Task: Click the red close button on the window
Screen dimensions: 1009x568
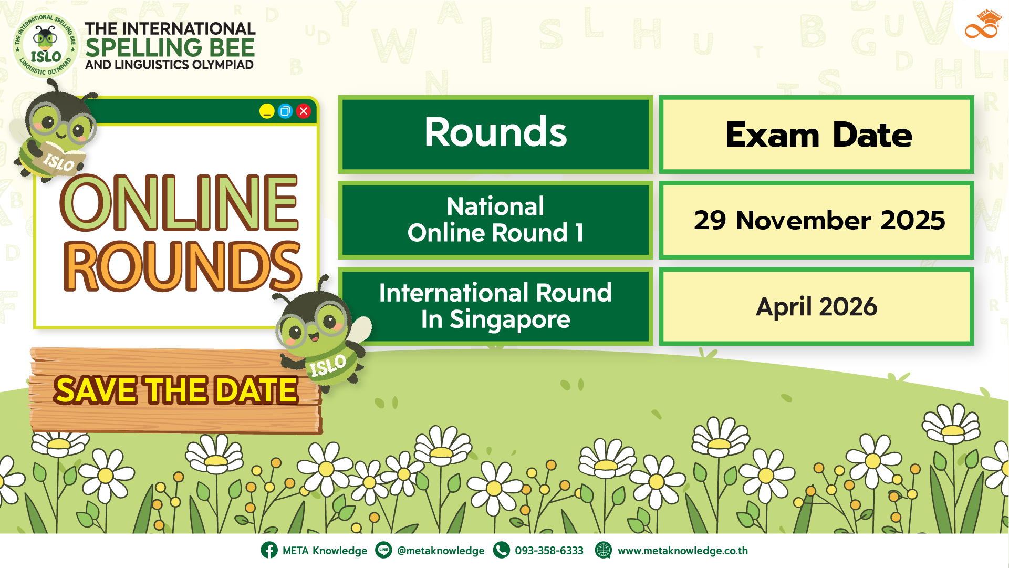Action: (x=304, y=111)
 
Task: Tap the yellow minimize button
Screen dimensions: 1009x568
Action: (x=267, y=111)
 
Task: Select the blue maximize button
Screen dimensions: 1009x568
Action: (x=285, y=111)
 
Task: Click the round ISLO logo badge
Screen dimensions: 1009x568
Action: (x=46, y=46)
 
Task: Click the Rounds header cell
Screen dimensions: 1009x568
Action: (x=495, y=134)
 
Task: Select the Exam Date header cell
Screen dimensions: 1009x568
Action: (x=817, y=134)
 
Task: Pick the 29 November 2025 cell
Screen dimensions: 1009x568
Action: (x=817, y=220)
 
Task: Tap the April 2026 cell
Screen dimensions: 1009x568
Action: (x=817, y=306)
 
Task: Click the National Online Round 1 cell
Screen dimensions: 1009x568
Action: (x=495, y=220)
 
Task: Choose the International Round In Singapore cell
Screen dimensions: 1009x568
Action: (x=495, y=306)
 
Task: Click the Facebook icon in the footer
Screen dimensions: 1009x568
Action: (x=269, y=550)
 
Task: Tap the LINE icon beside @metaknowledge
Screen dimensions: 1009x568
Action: (x=383, y=550)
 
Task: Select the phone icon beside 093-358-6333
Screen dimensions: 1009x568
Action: (x=502, y=550)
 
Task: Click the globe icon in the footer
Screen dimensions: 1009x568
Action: (x=604, y=550)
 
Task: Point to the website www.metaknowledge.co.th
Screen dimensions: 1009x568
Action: (x=682, y=551)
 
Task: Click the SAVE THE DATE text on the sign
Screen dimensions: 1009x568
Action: (x=176, y=390)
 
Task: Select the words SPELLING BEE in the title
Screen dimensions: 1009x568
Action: (x=170, y=48)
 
